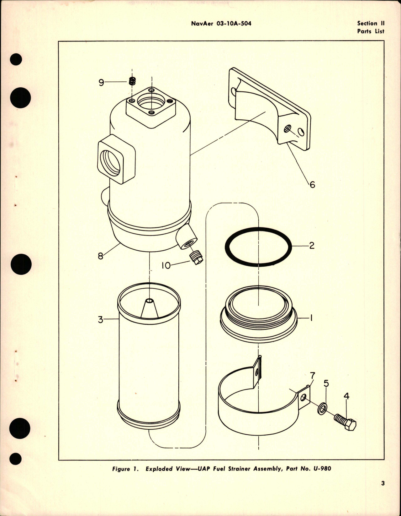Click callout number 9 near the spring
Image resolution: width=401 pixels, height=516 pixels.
click(101, 83)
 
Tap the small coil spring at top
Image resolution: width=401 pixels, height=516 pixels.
click(132, 81)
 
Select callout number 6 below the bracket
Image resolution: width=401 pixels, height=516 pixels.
click(312, 184)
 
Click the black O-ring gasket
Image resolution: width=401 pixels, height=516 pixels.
click(259, 247)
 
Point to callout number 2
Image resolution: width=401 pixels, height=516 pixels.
click(311, 245)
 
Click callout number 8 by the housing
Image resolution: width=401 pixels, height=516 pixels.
click(100, 256)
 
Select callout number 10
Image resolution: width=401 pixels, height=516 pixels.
click(166, 265)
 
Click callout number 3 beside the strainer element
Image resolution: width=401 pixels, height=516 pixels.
click(100, 320)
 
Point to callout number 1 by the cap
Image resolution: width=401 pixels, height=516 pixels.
click(311, 318)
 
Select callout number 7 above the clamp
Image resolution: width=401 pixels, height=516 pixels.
click(312, 375)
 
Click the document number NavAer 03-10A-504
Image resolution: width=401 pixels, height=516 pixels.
click(221, 23)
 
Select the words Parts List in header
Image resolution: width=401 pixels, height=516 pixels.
click(370, 31)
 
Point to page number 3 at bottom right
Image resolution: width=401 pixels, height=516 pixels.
click(383, 492)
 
